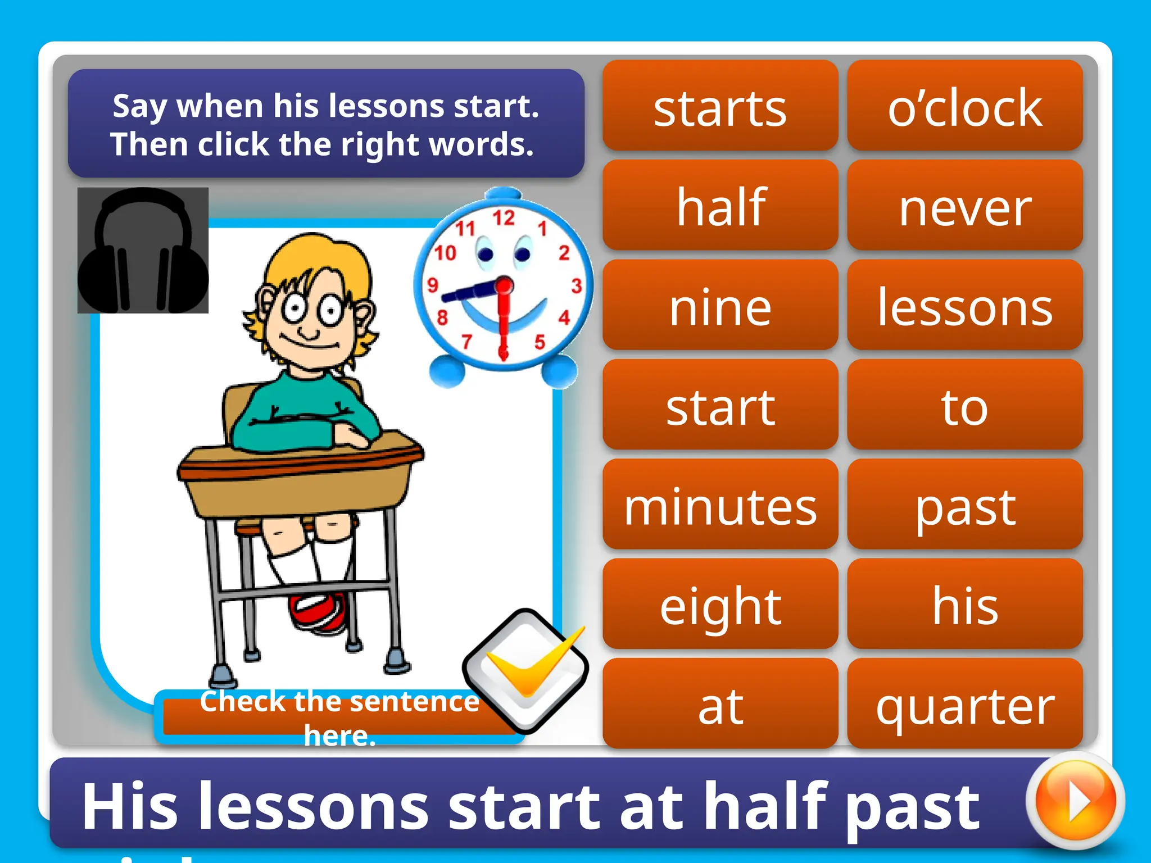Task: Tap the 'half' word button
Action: pyautogui.click(x=720, y=206)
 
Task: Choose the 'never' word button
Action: pyautogui.click(x=964, y=206)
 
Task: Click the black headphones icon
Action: pyautogui.click(x=143, y=251)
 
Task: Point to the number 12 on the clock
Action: pyautogui.click(x=504, y=218)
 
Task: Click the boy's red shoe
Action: pyautogui.click(x=318, y=612)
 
